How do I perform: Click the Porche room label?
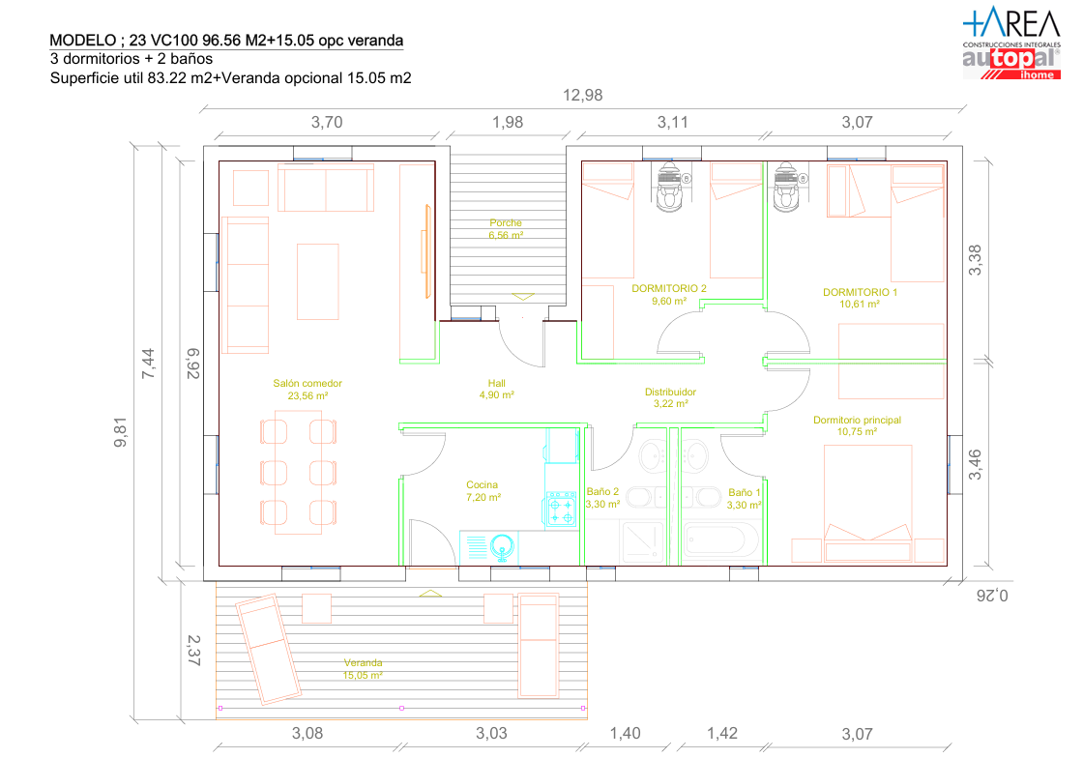click(x=506, y=223)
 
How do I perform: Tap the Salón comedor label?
click(x=307, y=384)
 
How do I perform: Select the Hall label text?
click(x=496, y=383)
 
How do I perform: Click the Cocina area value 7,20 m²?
click(x=483, y=497)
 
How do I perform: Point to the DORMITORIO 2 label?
click(x=669, y=288)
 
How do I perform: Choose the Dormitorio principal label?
click(x=857, y=421)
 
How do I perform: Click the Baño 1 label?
click(x=745, y=492)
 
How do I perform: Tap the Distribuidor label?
click(x=670, y=393)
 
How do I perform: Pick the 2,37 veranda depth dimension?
click(x=193, y=650)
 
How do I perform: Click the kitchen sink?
click(x=502, y=547)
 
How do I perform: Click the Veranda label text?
click(x=363, y=663)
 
